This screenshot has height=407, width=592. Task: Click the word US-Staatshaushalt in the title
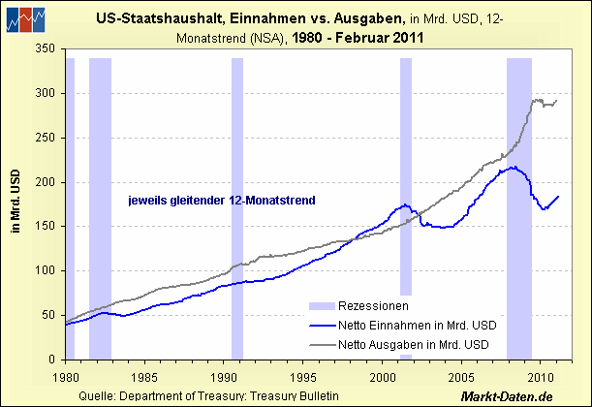coord(156,18)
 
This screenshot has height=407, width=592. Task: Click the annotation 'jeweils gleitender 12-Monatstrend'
coord(224,201)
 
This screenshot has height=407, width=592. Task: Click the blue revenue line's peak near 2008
coord(512,168)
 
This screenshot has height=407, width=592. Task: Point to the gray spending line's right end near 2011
coord(556,100)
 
